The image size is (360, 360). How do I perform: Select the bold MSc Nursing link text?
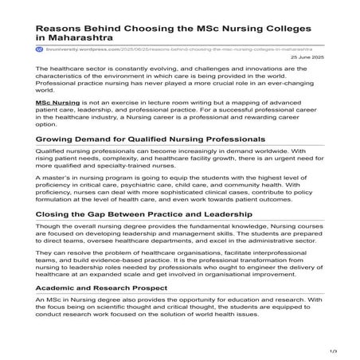point(58,104)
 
